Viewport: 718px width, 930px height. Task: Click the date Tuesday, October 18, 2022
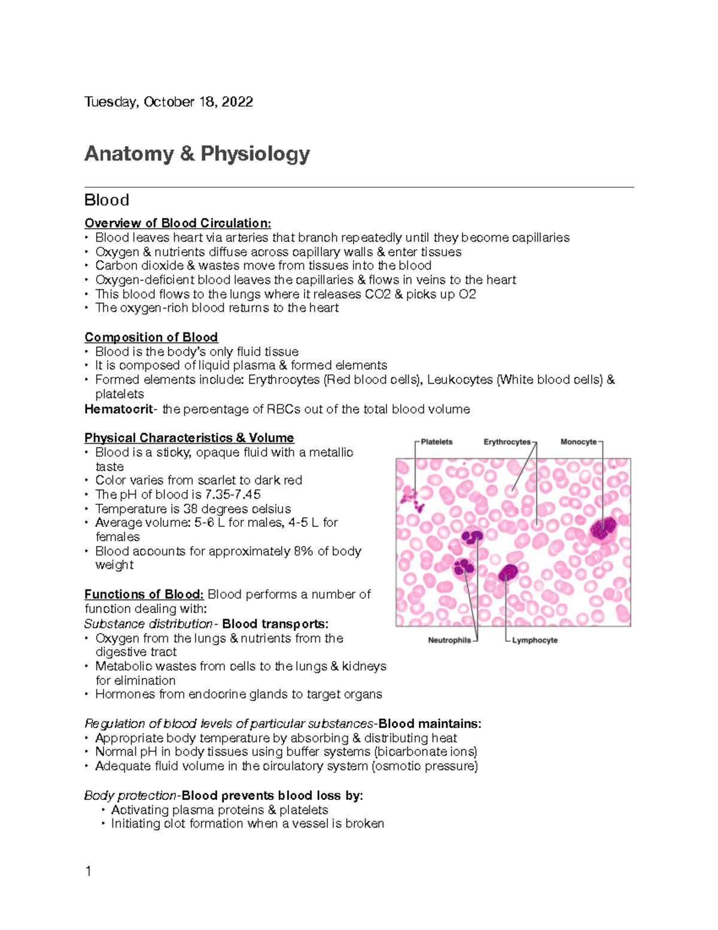point(168,102)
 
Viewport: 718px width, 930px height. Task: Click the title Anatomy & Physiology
point(197,154)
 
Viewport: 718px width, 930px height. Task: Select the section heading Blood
point(107,200)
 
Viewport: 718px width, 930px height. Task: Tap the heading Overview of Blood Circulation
point(177,223)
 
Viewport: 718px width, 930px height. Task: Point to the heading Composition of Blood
point(151,337)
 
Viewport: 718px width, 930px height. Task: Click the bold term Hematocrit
point(118,409)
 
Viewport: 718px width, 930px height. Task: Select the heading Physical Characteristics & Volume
point(189,438)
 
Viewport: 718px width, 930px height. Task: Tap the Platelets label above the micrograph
point(436,442)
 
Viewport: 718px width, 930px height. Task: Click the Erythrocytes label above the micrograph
point(507,442)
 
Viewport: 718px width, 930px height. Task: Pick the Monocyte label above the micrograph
point(578,442)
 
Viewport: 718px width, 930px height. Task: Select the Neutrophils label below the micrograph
point(449,640)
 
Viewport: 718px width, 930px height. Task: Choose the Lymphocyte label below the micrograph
point(534,640)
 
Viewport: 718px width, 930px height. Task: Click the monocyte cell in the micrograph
point(603,529)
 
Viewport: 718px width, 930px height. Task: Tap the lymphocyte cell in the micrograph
point(509,573)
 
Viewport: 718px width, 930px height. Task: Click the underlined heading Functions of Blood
point(144,595)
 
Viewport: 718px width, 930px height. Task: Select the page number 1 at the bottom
point(89,871)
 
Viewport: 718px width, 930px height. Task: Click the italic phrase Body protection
point(130,796)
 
